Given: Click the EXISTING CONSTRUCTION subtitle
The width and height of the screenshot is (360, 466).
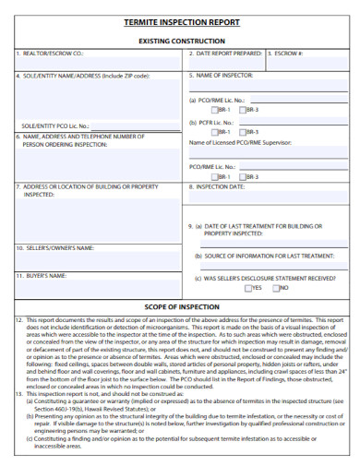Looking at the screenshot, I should pos(181,42).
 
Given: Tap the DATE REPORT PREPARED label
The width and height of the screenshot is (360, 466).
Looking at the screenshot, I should pos(224,54).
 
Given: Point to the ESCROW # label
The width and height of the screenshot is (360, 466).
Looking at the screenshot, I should pos(287,54).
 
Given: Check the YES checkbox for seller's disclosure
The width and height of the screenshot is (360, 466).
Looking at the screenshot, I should pos(248,288).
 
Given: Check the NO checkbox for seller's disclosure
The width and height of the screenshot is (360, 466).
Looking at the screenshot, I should pos(276,288).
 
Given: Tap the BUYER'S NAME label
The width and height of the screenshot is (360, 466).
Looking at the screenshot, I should pos(43,275).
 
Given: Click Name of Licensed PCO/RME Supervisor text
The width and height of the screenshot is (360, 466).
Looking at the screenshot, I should pos(244,143).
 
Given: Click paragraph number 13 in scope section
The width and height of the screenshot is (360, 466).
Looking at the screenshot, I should pos(19,393).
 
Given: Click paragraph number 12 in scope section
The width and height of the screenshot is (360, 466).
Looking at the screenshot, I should pos(19,319).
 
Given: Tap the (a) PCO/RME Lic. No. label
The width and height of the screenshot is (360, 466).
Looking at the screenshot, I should pos(217,99).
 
